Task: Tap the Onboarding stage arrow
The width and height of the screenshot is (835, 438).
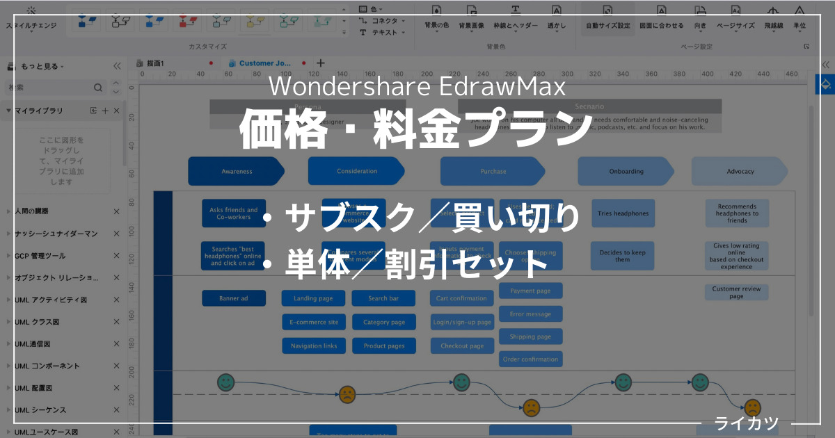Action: click(x=626, y=171)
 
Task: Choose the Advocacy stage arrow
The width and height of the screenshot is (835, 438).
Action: click(x=740, y=171)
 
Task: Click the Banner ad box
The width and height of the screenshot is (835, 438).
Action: click(x=234, y=298)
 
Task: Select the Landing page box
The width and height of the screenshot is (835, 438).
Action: click(x=313, y=298)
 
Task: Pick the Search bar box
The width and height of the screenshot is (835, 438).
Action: click(x=383, y=298)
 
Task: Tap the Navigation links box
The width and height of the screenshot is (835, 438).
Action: click(x=313, y=346)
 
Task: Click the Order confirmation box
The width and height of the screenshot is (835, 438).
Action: click(x=530, y=359)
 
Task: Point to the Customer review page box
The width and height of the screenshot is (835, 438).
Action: click(x=736, y=292)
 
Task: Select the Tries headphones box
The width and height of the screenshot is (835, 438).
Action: click(x=623, y=213)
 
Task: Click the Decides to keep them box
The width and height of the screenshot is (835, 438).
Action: click(x=623, y=256)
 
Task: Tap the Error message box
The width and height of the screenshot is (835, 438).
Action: click(x=530, y=314)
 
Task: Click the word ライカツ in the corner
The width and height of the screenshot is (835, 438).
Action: click(x=746, y=423)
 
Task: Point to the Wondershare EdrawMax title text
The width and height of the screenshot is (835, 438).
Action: click(x=417, y=87)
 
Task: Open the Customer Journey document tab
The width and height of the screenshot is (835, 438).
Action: click(x=265, y=63)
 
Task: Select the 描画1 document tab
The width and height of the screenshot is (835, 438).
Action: click(x=156, y=63)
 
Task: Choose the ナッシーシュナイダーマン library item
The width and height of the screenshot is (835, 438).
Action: click(x=56, y=233)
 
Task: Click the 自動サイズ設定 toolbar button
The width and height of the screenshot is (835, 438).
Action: click(x=607, y=25)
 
